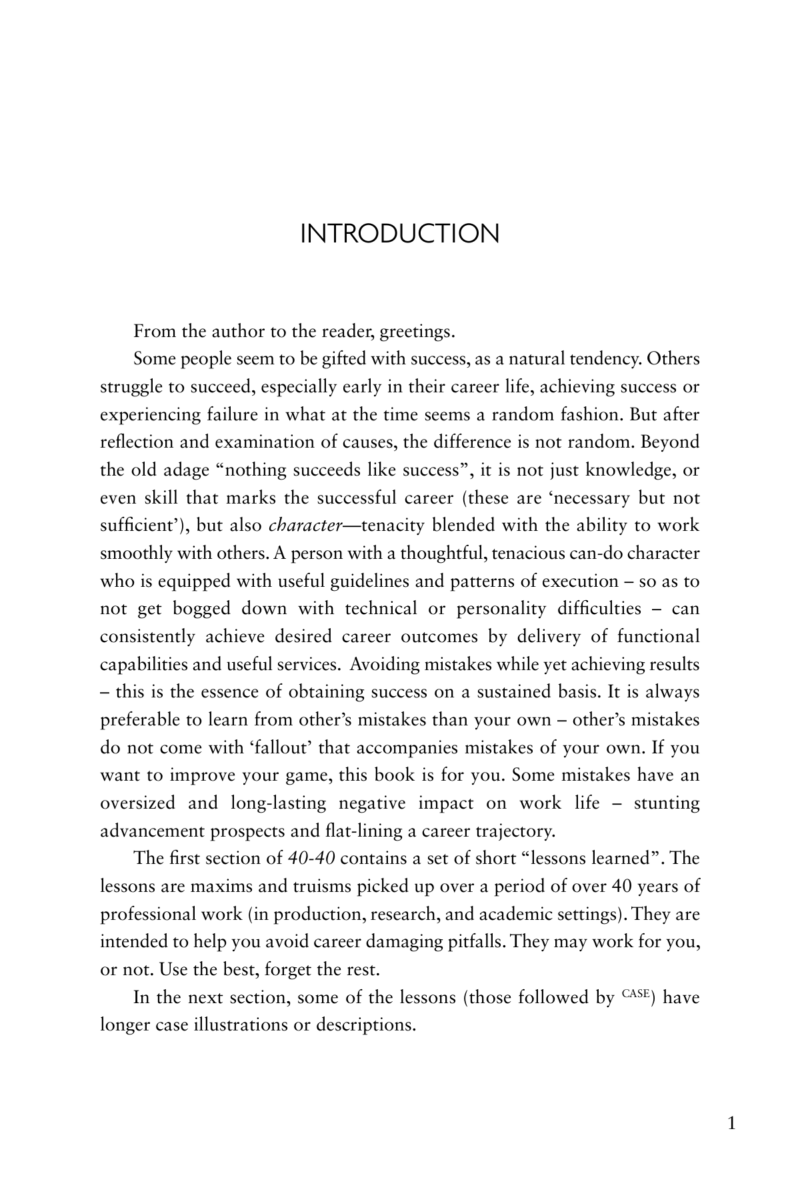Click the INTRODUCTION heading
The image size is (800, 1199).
click(x=399, y=234)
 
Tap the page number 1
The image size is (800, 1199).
click(x=731, y=1124)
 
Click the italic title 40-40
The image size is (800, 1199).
click(x=311, y=859)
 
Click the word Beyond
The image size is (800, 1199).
click(x=669, y=442)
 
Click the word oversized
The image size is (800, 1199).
click(x=137, y=803)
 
